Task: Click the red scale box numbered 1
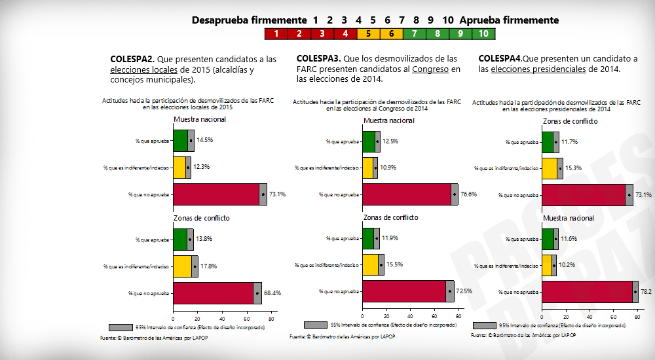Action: click(x=276, y=33)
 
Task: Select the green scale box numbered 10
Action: click(x=483, y=33)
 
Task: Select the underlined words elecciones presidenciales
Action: click(x=538, y=69)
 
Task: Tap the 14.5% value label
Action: click(x=204, y=140)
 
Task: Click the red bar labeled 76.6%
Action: click(x=407, y=194)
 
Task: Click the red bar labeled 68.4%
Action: click(x=213, y=293)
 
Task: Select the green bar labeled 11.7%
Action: click(x=548, y=142)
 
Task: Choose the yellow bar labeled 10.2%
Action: click(x=547, y=265)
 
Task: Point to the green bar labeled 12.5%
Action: click(x=369, y=141)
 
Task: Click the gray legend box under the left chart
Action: click(x=121, y=327)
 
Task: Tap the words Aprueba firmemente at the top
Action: click(x=509, y=20)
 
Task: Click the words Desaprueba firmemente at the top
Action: click(x=249, y=20)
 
